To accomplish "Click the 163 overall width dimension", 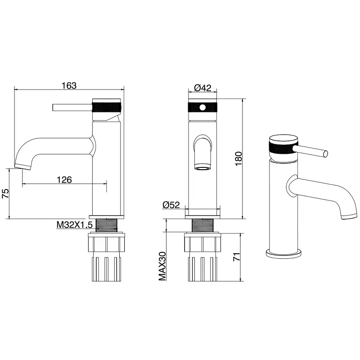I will coord(69,85).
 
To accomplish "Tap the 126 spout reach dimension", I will coord(64,180).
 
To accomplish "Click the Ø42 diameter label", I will coord(202,88).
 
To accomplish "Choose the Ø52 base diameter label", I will coord(171,205).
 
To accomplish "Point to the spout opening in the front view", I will coord(202,168).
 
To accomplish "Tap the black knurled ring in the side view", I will coord(107,108).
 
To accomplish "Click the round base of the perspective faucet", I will coord(284,253).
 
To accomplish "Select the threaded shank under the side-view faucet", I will coord(107,224).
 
